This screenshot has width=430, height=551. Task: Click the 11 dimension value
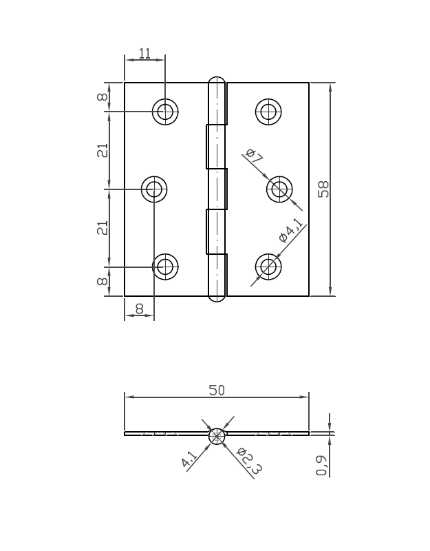click(144, 53)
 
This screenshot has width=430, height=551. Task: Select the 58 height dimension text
click(323, 189)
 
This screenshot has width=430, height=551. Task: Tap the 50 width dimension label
click(217, 390)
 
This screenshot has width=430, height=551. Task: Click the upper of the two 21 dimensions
click(102, 150)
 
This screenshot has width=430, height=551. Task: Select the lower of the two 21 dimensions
click(102, 228)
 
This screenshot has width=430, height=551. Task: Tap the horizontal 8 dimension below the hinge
click(139, 309)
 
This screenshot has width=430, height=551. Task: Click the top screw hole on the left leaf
click(165, 111)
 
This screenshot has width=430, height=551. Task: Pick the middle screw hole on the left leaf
click(154, 188)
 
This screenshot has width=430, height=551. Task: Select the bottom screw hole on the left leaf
click(165, 267)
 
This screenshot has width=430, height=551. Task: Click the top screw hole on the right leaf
click(268, 111)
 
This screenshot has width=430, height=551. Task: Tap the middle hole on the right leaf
click(279, 188)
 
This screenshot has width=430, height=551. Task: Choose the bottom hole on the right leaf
click(268, 267)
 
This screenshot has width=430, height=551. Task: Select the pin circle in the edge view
click(217, 436)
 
